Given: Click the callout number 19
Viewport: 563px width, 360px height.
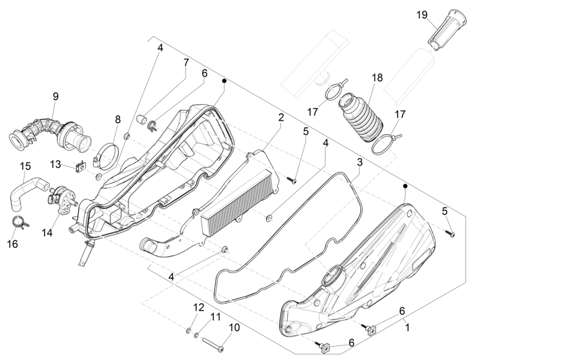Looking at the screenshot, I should click(x=421, y=15).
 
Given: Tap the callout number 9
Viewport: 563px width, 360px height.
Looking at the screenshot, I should click(x=55, y=96).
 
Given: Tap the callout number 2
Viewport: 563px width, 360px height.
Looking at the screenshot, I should click(x=281, y=118).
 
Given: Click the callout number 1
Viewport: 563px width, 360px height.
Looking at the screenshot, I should click(x=407, y=328).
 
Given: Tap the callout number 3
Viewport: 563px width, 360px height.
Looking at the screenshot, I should click(x=359, y=162).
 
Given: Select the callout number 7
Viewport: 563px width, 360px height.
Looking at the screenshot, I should click(x=186, y=63).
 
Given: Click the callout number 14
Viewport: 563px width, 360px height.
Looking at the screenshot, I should click(x=47, y=233).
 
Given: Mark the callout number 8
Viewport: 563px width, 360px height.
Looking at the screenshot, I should click(x=118, y=119).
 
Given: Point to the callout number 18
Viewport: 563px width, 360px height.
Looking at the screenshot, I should click(x=377, y=78).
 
